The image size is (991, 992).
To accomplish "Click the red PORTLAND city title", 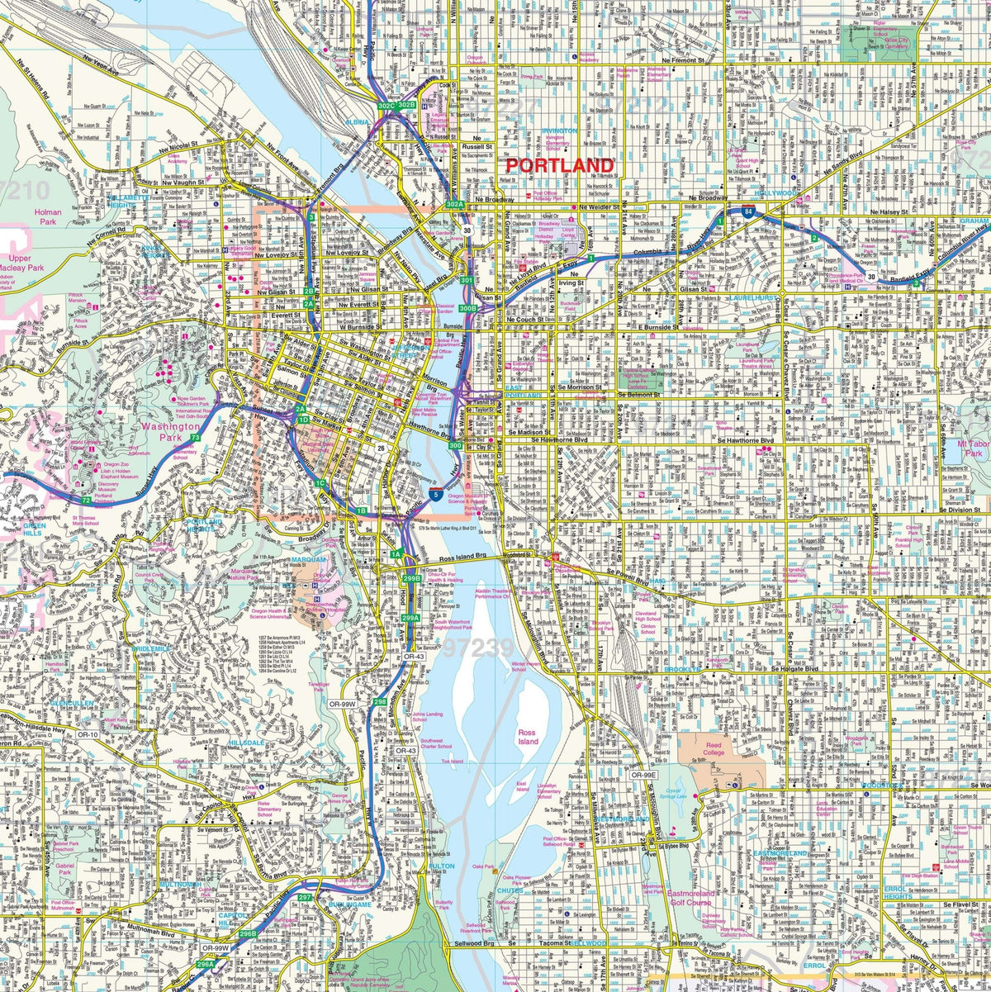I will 559,165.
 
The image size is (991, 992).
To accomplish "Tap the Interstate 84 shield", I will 747,211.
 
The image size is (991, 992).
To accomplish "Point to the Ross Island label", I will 527,737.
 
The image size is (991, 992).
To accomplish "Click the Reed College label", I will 713,748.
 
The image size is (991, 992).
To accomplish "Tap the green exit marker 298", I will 379,701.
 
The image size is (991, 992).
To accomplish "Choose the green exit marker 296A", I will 205,964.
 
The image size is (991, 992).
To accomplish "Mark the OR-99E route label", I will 643,775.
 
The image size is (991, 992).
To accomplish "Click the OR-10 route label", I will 88,734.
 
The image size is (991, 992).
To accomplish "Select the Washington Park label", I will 166,432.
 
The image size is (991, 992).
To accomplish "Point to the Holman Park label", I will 48,217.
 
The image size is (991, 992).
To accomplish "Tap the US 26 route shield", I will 381,448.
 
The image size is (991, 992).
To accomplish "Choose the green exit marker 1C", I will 320,483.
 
